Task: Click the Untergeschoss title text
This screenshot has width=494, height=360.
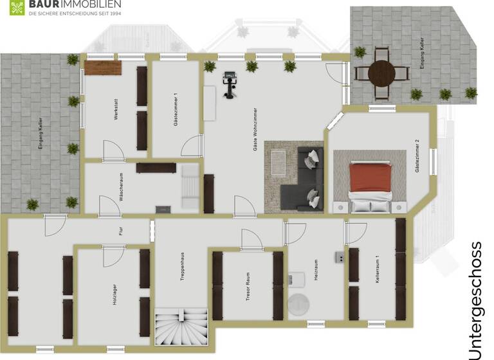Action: (x=476, y=300)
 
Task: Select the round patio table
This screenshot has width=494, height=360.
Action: (x=381, y=73)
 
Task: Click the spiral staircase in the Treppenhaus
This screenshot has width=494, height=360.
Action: (x=181, y=328)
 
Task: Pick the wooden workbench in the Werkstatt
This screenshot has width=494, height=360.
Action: (x=102, y=67)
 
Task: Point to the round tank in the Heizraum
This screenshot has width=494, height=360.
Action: (x=298, y=304)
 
